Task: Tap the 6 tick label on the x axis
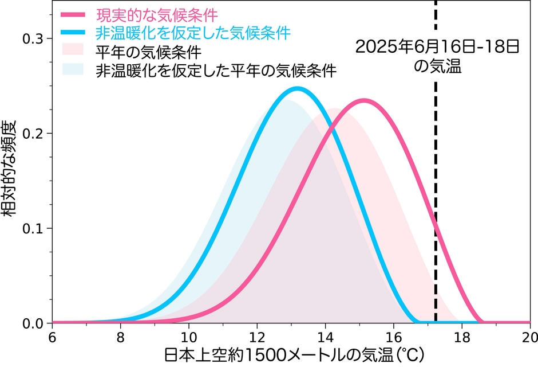[x=52, y=336]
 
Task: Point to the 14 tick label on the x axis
[x=325, y=336]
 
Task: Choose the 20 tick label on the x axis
[x=529, y=336]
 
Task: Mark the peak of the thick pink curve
[x=363, y=100]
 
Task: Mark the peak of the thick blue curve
[x=297, y=88]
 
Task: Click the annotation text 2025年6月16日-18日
[x=437, y=46]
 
